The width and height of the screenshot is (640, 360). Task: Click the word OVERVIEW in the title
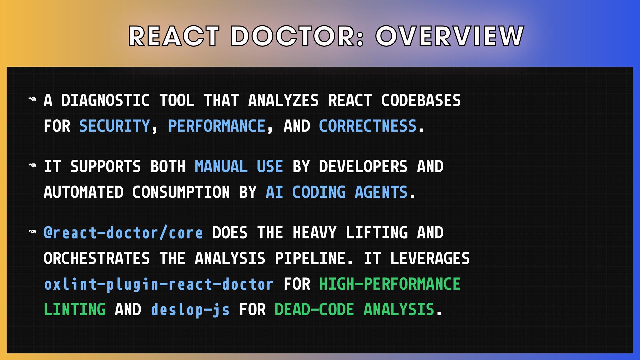click(x=450, y=36)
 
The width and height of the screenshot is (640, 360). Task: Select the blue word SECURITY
click(x=115, y=126)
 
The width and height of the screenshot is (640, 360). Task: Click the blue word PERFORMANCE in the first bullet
click(x=217, y=126)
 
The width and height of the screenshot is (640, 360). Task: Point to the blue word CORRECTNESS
click(x=368, y=126)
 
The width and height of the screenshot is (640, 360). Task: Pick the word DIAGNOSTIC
click(x=105, y=100)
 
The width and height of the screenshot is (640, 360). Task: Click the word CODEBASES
click(x=421, y=100)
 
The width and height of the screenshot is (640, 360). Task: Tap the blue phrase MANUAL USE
click(x=239, y=166)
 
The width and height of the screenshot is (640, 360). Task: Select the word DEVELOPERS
click(x=363, y=166)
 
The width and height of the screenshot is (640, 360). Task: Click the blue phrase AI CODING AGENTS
click(x=337, y=192)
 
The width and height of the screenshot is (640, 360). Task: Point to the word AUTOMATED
click(x=84, y=192)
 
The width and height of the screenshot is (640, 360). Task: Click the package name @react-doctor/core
click(x=123, y=233)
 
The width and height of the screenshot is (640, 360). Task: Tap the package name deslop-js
click(x=190, y=310)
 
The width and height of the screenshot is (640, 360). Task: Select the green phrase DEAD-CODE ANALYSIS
click(x=354, y=309)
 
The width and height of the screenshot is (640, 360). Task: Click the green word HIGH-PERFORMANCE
click(x=390, y=284)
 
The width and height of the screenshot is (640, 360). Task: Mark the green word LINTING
click(x=75, y=309)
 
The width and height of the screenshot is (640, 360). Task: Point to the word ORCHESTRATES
click(x=97, y=258)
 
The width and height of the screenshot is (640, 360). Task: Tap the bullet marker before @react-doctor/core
click(x=32, y=231)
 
